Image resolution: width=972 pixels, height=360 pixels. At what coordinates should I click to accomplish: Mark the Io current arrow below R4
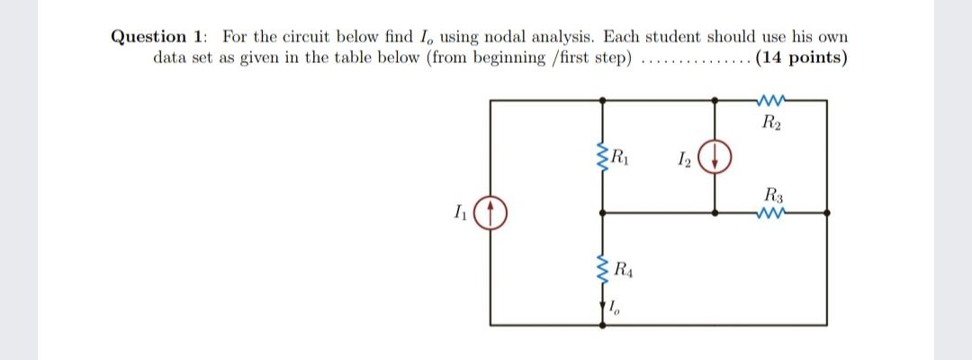click(604, 308)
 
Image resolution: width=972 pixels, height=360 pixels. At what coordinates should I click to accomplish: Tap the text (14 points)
click(801, 58)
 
